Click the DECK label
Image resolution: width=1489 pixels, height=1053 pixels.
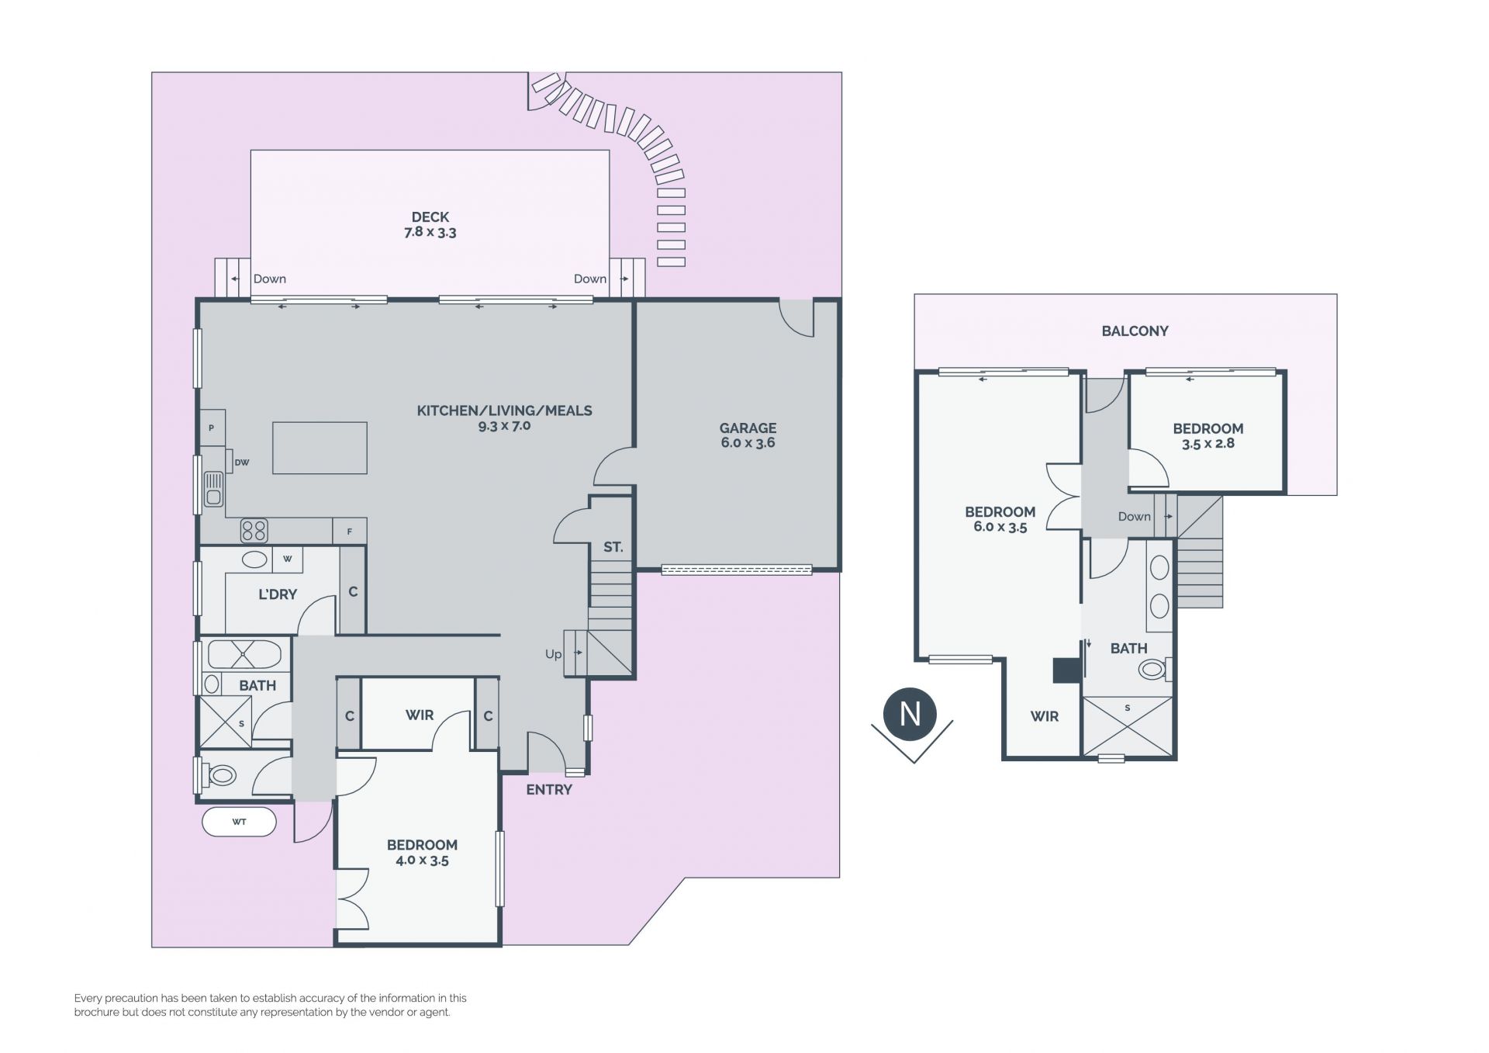pyautogui.click(x=430, y=217)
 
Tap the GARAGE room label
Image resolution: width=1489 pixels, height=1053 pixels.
pyautogui.click(x=748, y=428)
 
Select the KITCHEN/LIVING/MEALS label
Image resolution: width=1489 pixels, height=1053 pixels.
pyautogui.click(x=504, y=410)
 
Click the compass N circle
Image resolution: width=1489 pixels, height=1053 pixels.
pyautogui.click(x=910, y=713)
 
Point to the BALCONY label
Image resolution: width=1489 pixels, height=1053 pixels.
pyautogui.click(x=1135, y=331)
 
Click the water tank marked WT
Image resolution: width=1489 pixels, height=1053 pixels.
pyautogui.click(x=239, y=822)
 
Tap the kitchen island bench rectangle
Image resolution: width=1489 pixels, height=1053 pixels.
pyautogui.click(x=320, y=448)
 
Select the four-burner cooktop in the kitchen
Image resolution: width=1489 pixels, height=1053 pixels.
pyautogui.click(x=254, y=531)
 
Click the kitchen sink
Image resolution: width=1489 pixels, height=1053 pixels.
pyautogui.click(x=213, y=490)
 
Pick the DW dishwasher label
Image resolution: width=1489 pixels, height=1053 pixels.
pyautogui.click(x=242, y=462)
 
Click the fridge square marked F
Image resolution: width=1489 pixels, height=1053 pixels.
pyautogui.click(x=350, y=532)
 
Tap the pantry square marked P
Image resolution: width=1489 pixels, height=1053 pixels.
pyautogui.click(x=212, y=428)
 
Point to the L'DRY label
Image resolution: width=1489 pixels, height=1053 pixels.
pyautogui.click(x=278, y=594)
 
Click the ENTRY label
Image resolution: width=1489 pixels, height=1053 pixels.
pyautogui.click(x=549, y=790)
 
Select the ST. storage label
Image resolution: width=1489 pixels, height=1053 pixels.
pyautogui.click(x=613, y=547)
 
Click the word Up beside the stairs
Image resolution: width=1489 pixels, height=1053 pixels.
pyautogui.click(x=553, y=654)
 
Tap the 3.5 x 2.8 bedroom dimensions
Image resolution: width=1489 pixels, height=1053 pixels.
pyautogui.click(x=1208, y=444)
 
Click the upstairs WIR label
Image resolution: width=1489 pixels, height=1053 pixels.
pyautogui.click(x=1045, y=716)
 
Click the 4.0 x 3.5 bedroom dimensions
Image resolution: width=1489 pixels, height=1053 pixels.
pyautogui.click(x=422, y=860)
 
